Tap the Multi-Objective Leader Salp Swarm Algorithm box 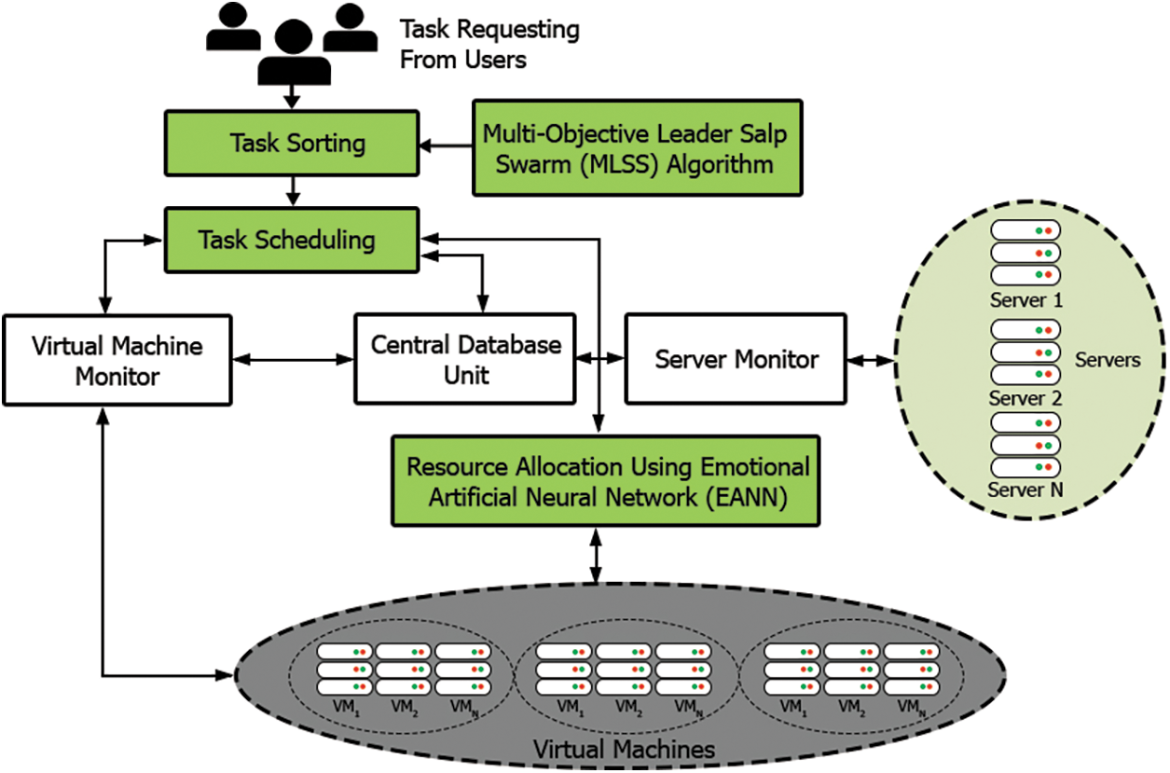pos(637,147)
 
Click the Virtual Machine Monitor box pos(117,361)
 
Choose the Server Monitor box pos(736,360)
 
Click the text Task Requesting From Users pos(489,45)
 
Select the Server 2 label pos(1025,398)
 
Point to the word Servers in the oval pos(1108,360)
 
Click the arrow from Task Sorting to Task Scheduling pos(294,192)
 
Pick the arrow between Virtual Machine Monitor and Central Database pos(293,359)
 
